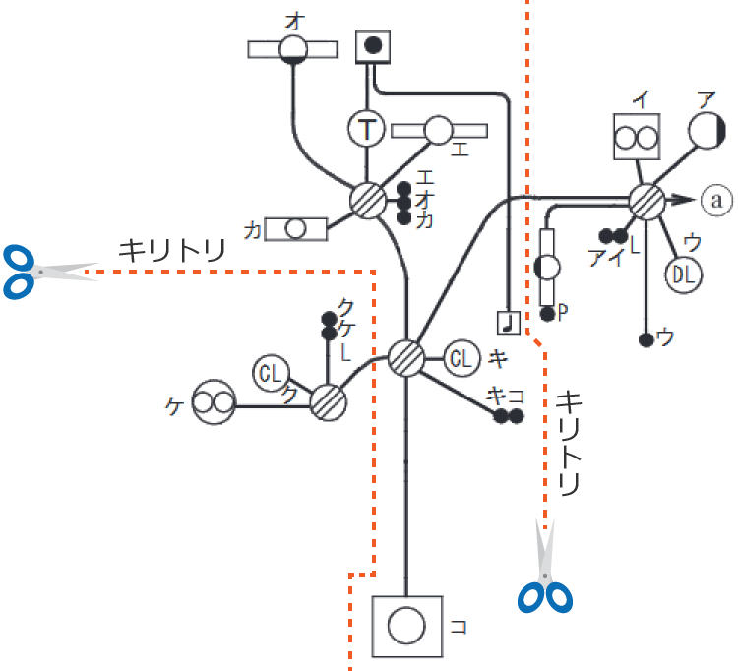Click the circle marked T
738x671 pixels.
[x=367, y=127]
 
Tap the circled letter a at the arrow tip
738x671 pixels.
[x=716, y=201]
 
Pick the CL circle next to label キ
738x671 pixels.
[x=461, y=357]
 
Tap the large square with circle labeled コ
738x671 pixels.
[x=407, y=626]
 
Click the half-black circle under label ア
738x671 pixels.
[x=706, y=130]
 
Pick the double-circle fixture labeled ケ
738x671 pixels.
[x=215, y=402]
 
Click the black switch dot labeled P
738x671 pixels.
[x=548, y=314]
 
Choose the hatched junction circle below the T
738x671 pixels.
[x=369, y=200]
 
